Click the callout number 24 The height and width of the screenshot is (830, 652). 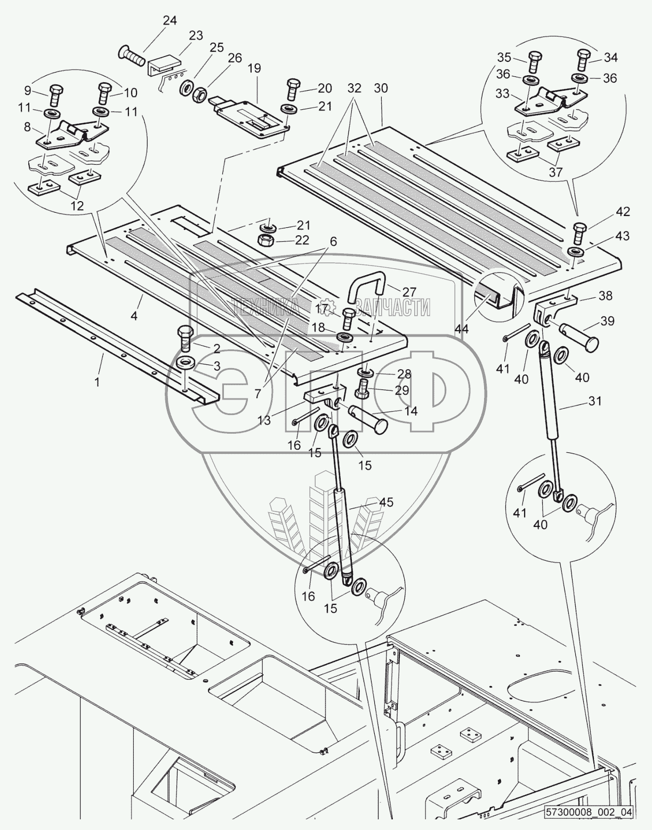tap(169, 21)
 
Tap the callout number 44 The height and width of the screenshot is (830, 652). tap(462, 330)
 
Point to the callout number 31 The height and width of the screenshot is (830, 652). tap(594, 400)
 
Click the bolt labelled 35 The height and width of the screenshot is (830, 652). tap(534, 63)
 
